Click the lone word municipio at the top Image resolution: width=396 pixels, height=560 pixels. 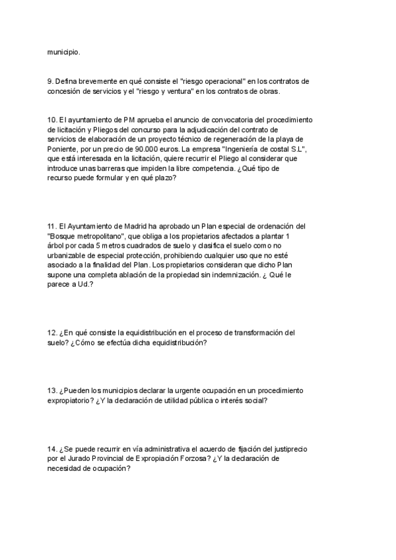pos(63,50)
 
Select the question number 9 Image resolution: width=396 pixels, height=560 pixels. pos(50,81)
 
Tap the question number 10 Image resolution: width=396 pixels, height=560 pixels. pos(52,120)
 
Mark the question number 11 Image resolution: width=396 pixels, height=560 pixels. pos(52,226)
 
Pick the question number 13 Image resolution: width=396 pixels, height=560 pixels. pos(52,390)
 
